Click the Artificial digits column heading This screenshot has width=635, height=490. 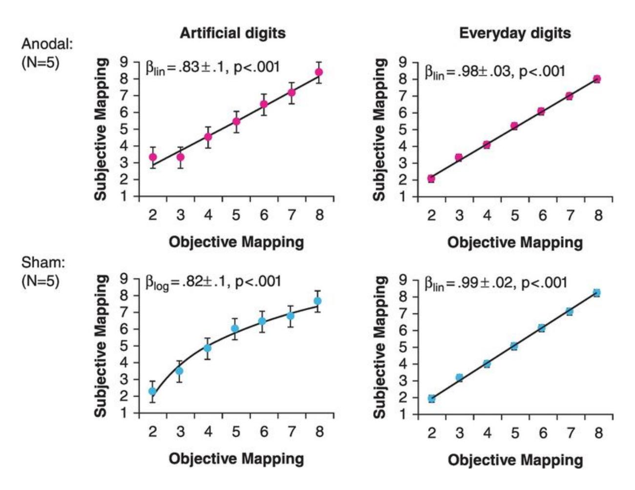[233, 33]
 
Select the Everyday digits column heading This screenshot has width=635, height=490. [515, 33]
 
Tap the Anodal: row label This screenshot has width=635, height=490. [47, 45]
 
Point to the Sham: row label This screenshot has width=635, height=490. [43, 263]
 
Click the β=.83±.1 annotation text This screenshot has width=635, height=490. [212, 67]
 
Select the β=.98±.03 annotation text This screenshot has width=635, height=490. [494, 72]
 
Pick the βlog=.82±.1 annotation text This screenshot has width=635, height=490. [213, 282]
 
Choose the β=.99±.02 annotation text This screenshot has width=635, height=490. [495, 284]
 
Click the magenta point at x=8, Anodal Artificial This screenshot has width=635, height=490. [319, 72]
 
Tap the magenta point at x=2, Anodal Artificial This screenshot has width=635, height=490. [153, 157]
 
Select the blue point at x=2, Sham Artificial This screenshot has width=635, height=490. [152, 391]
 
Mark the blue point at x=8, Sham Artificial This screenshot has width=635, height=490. [317, 301]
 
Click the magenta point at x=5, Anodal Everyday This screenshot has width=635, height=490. [514, 126]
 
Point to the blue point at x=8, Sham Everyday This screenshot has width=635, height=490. [596, 293]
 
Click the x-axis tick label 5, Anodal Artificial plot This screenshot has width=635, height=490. [236, 215]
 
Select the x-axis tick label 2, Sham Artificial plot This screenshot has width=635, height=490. [152, 432]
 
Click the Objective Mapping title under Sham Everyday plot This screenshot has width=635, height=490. [515, 460]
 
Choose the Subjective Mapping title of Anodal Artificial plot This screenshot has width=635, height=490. [101, 129]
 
